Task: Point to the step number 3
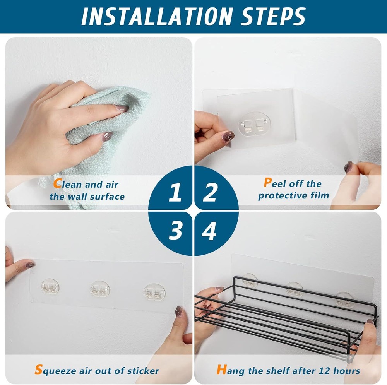click(175, 231)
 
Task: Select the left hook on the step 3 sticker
click(50, 287)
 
